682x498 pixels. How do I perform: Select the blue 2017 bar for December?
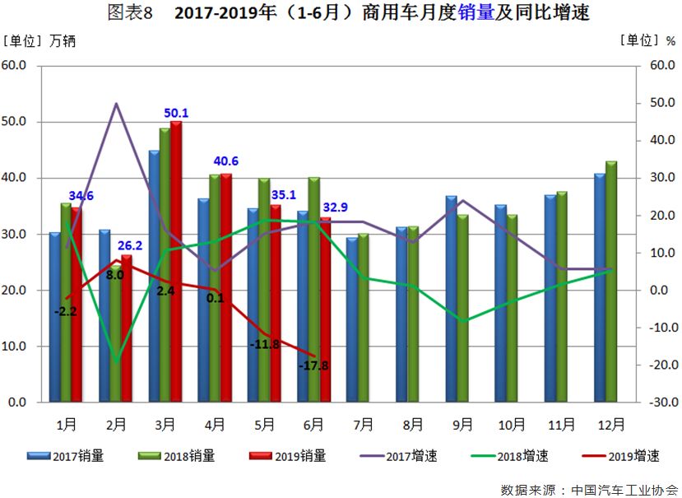(599, 288)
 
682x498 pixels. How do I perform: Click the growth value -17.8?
(313, 365)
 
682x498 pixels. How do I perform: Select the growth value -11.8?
(265, 344)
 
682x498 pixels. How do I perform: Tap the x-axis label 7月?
(363, 425)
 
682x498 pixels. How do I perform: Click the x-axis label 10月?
(511, 425)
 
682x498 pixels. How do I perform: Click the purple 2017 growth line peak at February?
(116, 104)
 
